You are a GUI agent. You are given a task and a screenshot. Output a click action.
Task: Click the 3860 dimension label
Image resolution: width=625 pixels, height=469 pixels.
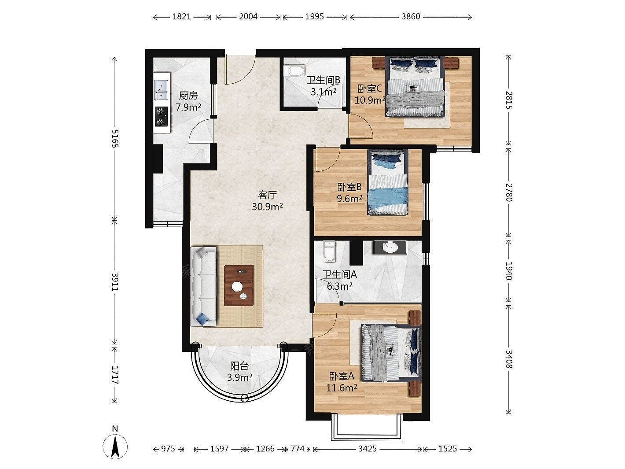411,17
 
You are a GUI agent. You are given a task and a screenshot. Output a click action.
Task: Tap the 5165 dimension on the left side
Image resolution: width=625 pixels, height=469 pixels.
114,138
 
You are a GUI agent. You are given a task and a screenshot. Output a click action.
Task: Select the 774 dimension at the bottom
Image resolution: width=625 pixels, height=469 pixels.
298,449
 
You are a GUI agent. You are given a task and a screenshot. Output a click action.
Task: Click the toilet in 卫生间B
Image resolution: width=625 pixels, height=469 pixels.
294,70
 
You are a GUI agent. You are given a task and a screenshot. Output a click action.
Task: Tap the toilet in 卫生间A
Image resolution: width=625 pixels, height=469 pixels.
330,252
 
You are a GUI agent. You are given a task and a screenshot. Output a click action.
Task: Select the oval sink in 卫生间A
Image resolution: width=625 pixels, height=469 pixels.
390,247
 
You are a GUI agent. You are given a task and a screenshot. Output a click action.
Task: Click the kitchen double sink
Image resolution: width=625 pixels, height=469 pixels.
161,90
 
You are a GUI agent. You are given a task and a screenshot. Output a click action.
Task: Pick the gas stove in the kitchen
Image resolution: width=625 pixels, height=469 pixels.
161,116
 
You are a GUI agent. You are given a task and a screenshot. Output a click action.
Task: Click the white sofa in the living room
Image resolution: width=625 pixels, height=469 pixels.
203,287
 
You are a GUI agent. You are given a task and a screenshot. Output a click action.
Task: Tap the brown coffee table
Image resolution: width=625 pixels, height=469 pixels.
239,285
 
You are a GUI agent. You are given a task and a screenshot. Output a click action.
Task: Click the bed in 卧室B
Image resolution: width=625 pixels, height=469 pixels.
387,182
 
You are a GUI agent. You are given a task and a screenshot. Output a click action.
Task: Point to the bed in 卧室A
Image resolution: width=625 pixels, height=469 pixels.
391,353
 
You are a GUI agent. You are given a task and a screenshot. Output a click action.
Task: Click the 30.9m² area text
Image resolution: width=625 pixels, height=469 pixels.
267,207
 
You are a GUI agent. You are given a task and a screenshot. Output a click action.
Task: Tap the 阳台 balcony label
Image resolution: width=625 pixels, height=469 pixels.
239,366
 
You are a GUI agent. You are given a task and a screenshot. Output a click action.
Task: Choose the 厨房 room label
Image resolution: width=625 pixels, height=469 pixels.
188,96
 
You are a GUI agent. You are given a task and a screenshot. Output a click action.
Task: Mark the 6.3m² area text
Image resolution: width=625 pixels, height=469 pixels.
339,286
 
